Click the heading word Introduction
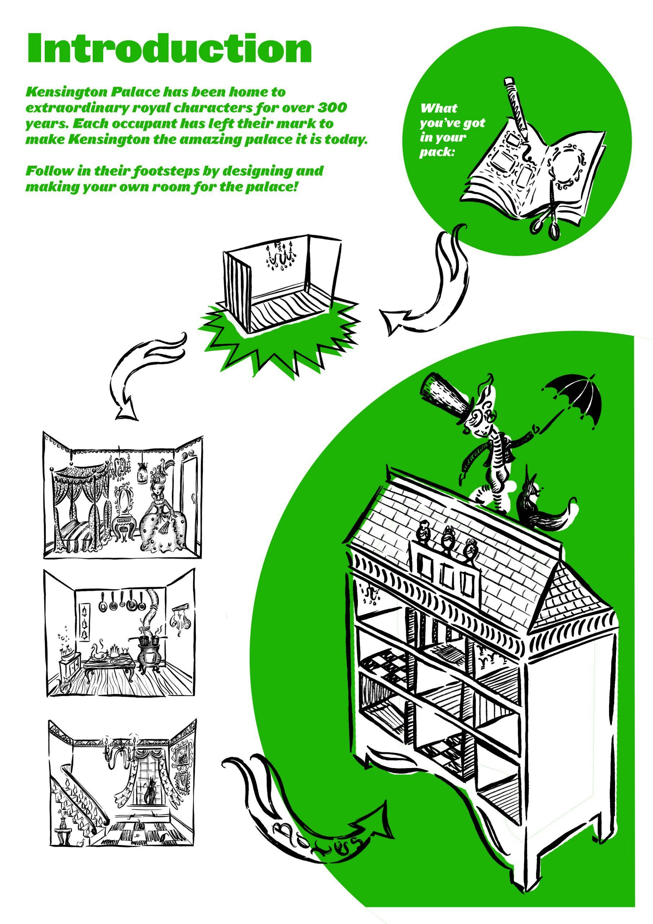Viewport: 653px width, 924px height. click(169, 48)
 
